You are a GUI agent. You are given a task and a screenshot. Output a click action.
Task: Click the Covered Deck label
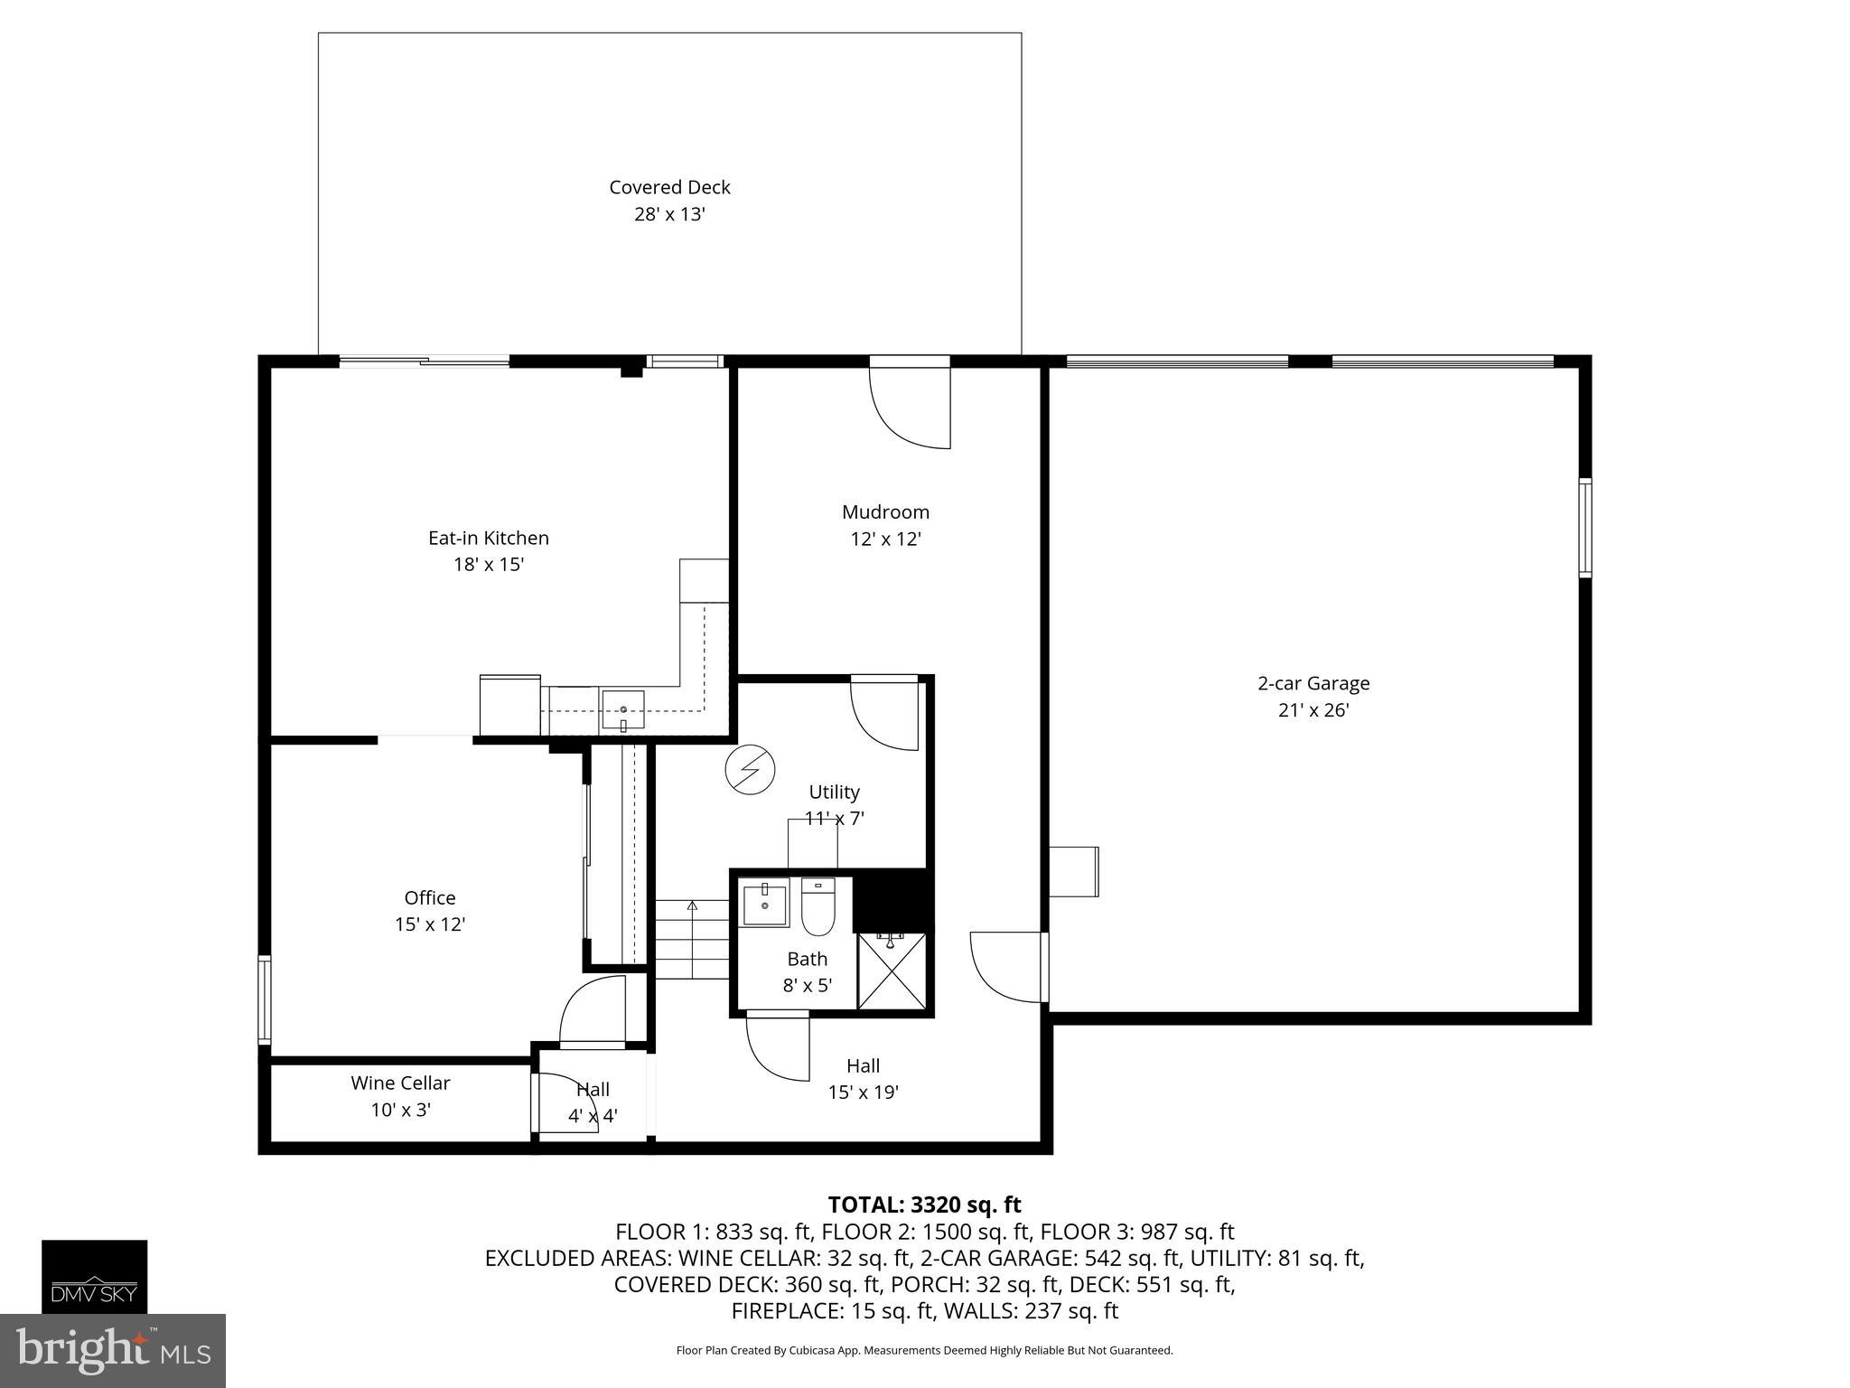tap(669, 187)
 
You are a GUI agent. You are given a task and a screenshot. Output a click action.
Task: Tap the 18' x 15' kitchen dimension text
tap(489, 565)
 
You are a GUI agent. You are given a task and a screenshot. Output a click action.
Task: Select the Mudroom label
tap(885, 512)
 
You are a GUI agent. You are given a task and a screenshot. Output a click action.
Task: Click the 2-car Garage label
tap(1313, 683)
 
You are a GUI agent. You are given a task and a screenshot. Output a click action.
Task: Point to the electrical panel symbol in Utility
tap(750, 770)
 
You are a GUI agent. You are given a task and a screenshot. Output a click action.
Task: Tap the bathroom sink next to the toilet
tap(764, 903)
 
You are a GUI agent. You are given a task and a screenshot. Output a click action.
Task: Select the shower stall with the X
tap(891, 971)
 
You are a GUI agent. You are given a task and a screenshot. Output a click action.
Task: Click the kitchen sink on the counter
tap(623, 710)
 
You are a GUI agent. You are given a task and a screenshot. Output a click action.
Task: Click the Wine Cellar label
tap(400, 1083)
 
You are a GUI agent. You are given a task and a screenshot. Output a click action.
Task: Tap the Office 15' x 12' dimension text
tap(430, 924)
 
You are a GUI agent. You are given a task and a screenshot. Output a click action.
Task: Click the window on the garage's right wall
tap(1584, 528)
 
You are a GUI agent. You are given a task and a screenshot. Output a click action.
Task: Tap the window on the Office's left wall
tap(265, 999)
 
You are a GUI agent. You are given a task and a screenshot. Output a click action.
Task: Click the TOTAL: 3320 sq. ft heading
tap(924, 1205)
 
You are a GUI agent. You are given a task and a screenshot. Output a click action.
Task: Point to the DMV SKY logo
tap(94, 1276)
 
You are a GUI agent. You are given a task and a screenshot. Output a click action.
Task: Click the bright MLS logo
tap(113, 1350)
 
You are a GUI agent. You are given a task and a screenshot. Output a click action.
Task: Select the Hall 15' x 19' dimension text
tap(863, 1093)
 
